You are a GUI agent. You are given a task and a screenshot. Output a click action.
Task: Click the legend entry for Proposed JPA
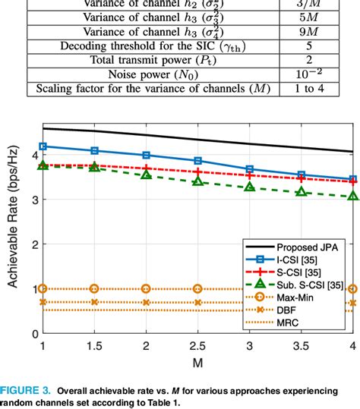(302, 247)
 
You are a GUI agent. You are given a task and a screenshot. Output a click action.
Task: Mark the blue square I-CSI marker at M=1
(43, 146)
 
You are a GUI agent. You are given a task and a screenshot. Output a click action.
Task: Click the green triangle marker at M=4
(352, 197)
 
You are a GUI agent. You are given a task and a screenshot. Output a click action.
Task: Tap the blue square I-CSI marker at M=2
(146, 155)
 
